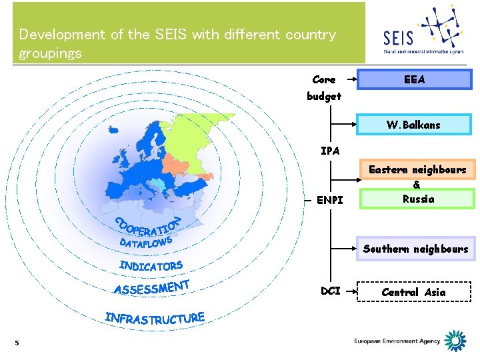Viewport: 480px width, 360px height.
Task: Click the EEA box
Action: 414,80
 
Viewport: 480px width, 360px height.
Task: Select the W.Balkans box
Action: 414,125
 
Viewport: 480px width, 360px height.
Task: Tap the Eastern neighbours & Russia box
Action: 418,184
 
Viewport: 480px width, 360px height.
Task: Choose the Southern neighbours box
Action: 415,249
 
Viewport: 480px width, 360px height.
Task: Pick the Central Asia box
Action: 413,292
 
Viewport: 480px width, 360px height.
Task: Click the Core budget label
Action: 324,87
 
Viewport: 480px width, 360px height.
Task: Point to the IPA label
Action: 330,151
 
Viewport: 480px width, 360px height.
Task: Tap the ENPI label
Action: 331,199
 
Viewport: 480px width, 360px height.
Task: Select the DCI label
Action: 331,291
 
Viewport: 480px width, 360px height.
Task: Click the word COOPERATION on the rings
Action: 148,226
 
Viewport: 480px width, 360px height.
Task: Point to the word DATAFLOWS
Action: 147,242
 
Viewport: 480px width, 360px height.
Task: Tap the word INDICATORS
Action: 151,266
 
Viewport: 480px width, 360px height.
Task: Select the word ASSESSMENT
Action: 152,288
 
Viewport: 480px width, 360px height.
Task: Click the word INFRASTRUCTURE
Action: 154,317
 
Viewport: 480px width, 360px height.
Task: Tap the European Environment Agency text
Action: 397,341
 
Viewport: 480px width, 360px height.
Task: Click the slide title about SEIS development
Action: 177,43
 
